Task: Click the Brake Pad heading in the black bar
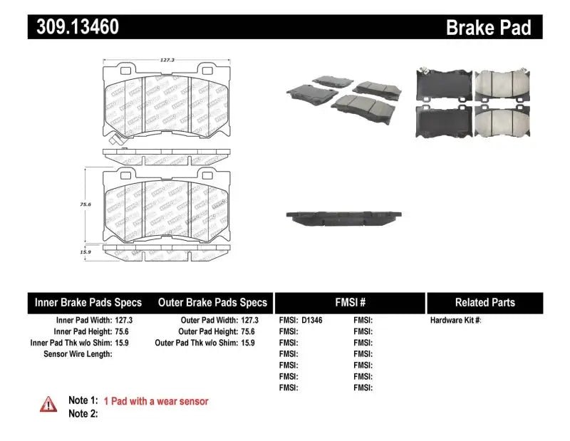click(x=488, y=28)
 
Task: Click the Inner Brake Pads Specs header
click(x=88, y=302)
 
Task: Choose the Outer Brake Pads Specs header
click(x=212, y=302)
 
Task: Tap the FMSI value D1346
click(x=312, y=321)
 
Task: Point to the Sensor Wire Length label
click(x=78, y=353)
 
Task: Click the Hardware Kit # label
click(x=455, y=321)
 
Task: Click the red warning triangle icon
click(x=48, y=404)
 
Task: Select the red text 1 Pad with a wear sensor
click(x=156, y=401)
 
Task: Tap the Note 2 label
click(x=83, y=413)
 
